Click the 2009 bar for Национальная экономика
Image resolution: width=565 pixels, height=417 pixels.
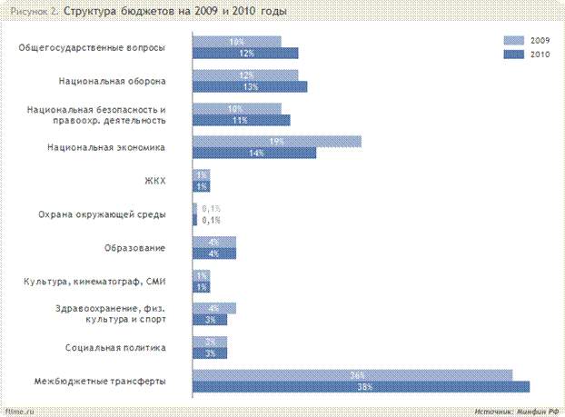277,142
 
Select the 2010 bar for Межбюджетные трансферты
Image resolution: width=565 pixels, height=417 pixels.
361,387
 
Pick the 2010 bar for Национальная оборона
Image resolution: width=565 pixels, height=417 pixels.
251,87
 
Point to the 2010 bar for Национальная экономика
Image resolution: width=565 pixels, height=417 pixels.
255,154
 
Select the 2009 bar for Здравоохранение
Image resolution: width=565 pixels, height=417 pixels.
215,308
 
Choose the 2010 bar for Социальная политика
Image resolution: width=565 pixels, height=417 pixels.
211,352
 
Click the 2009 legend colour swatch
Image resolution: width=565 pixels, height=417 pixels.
513,41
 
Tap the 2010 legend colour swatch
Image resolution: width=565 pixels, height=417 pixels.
513,55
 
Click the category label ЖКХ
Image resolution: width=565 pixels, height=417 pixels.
154,181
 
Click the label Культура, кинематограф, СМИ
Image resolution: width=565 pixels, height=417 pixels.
94,281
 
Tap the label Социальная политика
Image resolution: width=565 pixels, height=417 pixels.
115,347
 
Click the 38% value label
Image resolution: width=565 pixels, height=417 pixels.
365,387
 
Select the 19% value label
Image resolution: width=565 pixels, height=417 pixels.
277,142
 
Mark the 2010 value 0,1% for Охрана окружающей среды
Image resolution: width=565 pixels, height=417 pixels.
211,220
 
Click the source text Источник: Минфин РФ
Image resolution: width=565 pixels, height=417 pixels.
516,412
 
